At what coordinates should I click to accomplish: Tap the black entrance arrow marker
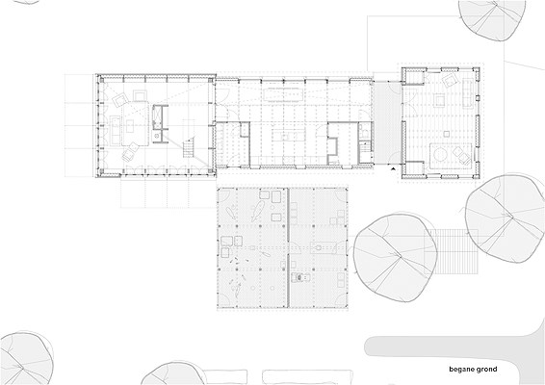(x=393, y=168)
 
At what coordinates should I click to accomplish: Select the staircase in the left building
(x=189, y=147)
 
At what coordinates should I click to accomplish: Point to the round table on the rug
(x=441, y=154)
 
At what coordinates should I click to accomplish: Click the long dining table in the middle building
(x=283, y=94)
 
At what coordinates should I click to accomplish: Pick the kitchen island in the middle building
(x=289, y=135)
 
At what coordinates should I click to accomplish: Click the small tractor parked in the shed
(x=301, y=277)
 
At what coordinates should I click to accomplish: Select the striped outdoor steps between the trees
(x=454, y=252)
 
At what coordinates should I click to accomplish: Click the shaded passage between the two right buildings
(x=386, y=122)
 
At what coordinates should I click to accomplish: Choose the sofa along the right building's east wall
(x=468, y=92)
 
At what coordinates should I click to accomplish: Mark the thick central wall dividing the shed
(x=288, y=247)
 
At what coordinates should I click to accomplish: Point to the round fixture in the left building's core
(x=157, y=136)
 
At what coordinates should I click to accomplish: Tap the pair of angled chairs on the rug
(x=460, y=155)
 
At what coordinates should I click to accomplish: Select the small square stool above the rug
(x=447, y=133)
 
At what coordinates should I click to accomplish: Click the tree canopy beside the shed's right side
(x=396, y=258)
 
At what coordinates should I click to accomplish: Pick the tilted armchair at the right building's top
(x=450, y=81)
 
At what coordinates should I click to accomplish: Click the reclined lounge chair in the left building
(x=130, y=152)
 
